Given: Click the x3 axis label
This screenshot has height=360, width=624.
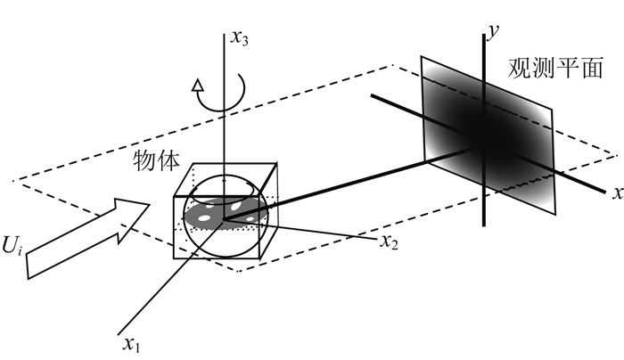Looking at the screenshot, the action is point(241,39).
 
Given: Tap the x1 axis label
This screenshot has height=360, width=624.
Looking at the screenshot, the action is point(132,345).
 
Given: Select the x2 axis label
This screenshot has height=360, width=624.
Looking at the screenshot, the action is point(389,241).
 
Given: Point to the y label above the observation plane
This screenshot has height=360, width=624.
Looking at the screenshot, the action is point(493,31).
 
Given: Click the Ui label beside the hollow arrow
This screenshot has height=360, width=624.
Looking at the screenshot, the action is point(12,245).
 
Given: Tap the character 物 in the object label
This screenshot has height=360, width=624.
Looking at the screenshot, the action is point(144,160).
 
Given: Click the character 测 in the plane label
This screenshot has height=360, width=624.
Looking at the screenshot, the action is point(543,68).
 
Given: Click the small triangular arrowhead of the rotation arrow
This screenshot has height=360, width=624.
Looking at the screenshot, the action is point(197,86).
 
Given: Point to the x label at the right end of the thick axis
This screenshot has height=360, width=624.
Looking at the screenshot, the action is point(618,193).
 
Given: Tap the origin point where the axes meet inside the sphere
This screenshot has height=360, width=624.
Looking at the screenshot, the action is point(224,219).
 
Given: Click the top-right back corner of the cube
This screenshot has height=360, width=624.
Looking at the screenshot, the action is point(276,163).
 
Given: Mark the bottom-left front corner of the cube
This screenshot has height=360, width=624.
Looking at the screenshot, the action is point(174,258).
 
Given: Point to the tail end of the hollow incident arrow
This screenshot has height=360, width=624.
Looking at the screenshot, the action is point(28,267).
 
